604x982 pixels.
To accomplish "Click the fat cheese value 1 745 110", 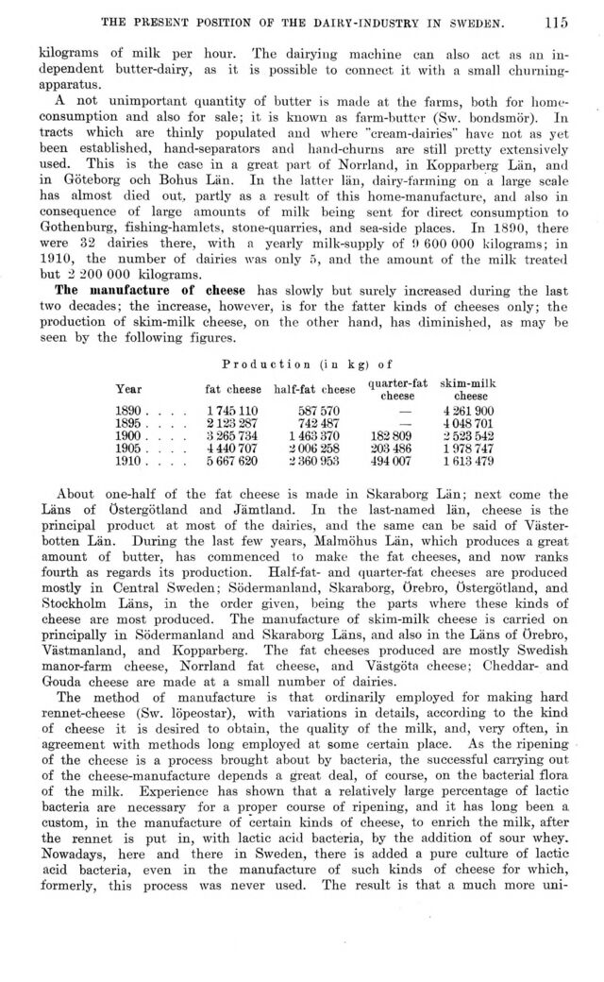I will pos(231,411).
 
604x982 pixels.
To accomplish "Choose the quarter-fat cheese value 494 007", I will pos(394,464).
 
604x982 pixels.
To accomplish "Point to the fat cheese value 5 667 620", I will pos(231,464).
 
